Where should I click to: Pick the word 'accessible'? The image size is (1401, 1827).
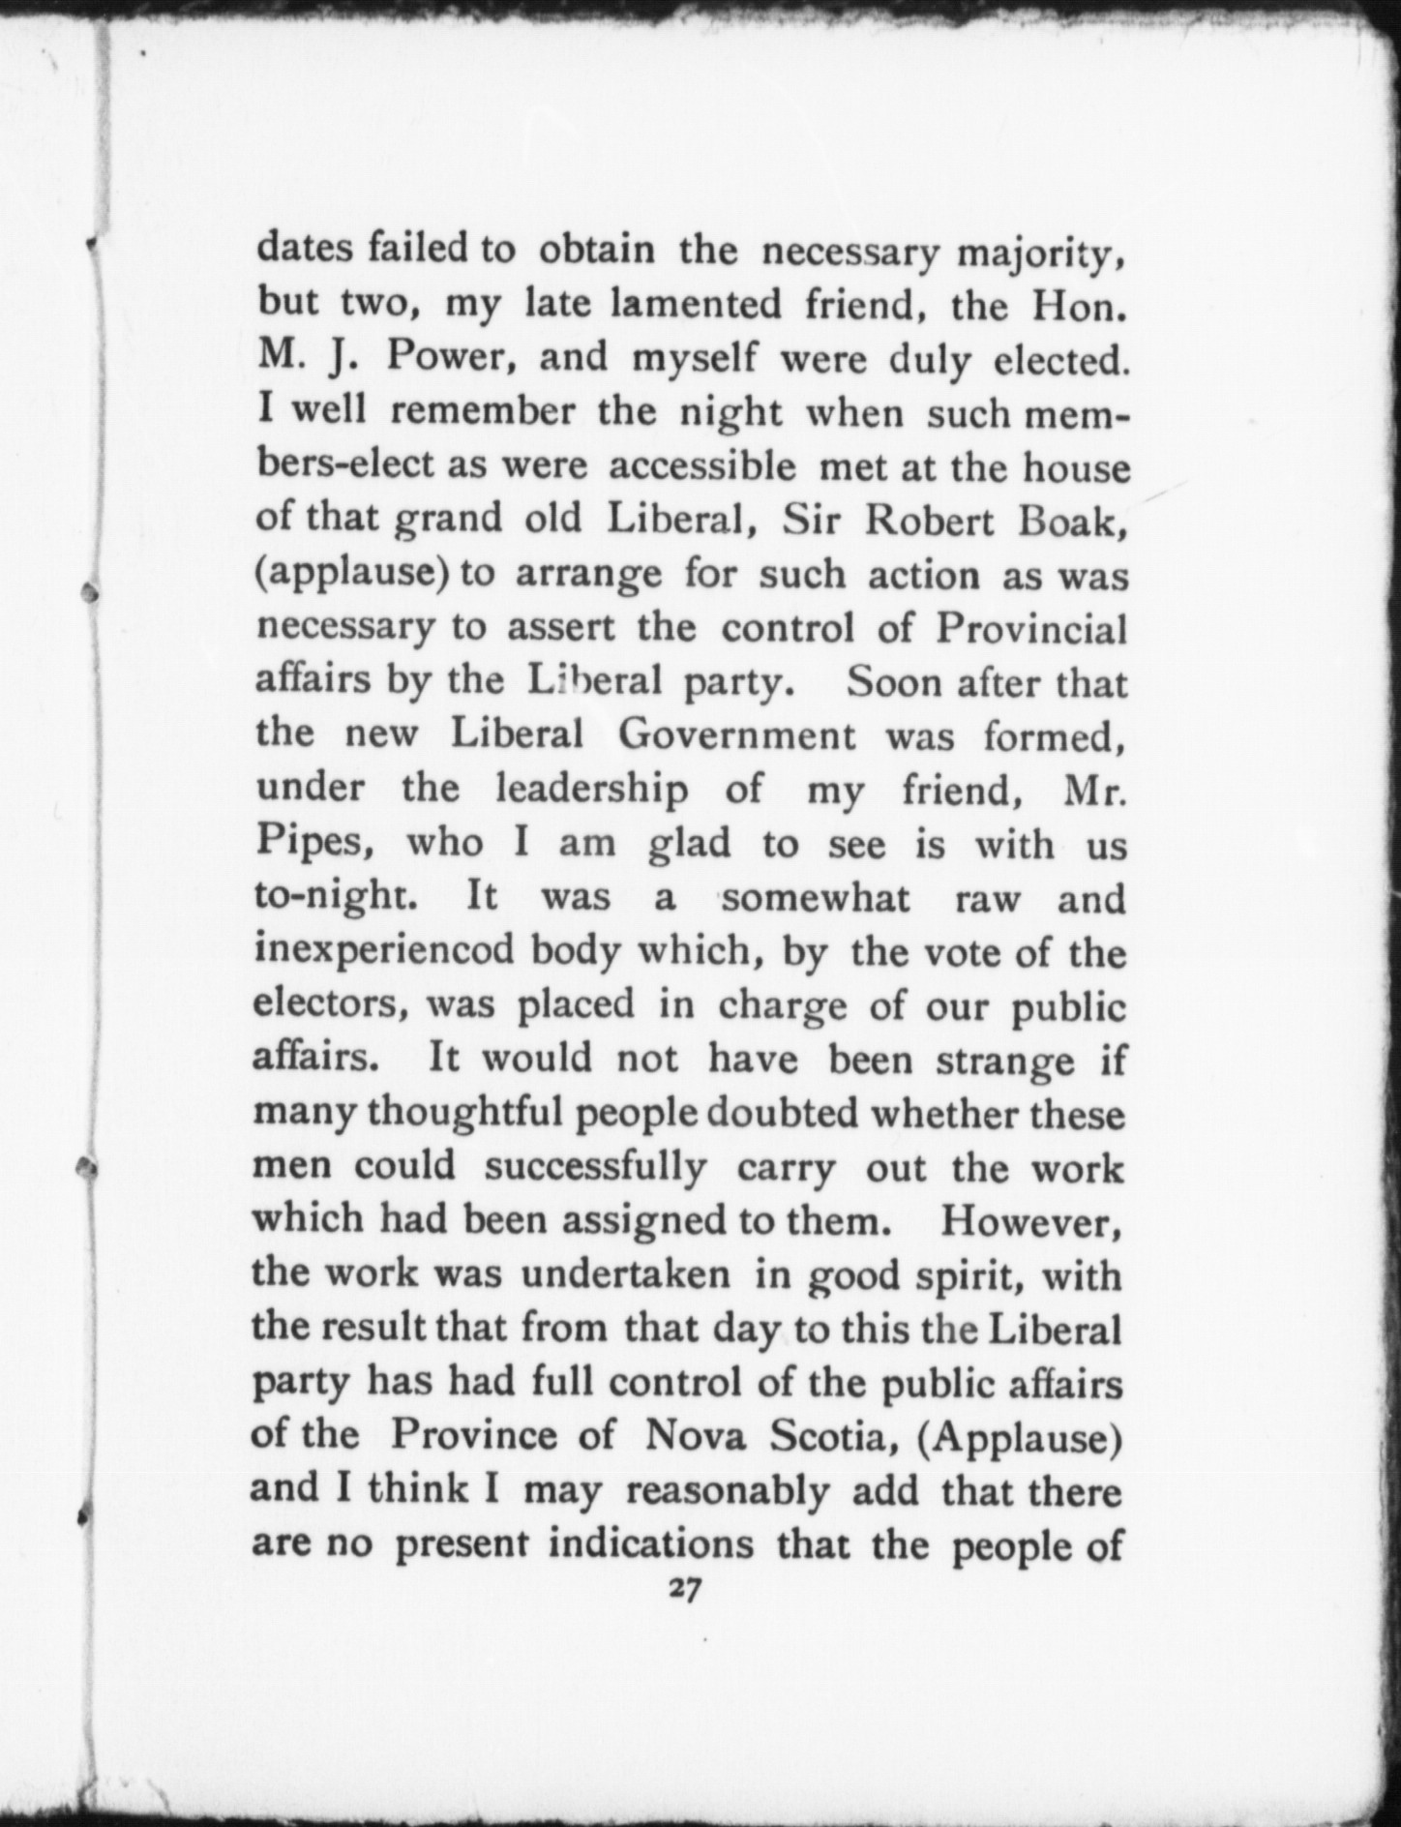click(x=702, y=466)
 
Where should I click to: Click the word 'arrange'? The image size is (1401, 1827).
click(x=588, y=575)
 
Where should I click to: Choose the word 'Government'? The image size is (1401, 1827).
click(x=737, y=736)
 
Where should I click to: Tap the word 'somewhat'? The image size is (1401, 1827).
click(x=816, y=898)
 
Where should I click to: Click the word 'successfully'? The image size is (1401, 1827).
click(x=595, y=1167)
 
